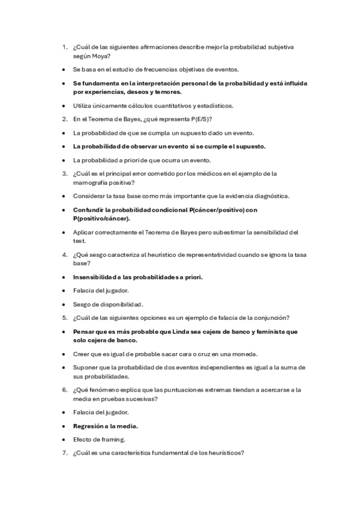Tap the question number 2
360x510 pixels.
(64, 119)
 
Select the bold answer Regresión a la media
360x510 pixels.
(105, 426)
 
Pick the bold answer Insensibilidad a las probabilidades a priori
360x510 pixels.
(138, 277)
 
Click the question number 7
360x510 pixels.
(64, 453)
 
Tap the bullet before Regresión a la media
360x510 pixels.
(63, 426)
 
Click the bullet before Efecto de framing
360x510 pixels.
(63, 440)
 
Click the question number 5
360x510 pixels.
(64, 318)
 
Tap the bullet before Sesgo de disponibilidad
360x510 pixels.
(63, 304)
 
